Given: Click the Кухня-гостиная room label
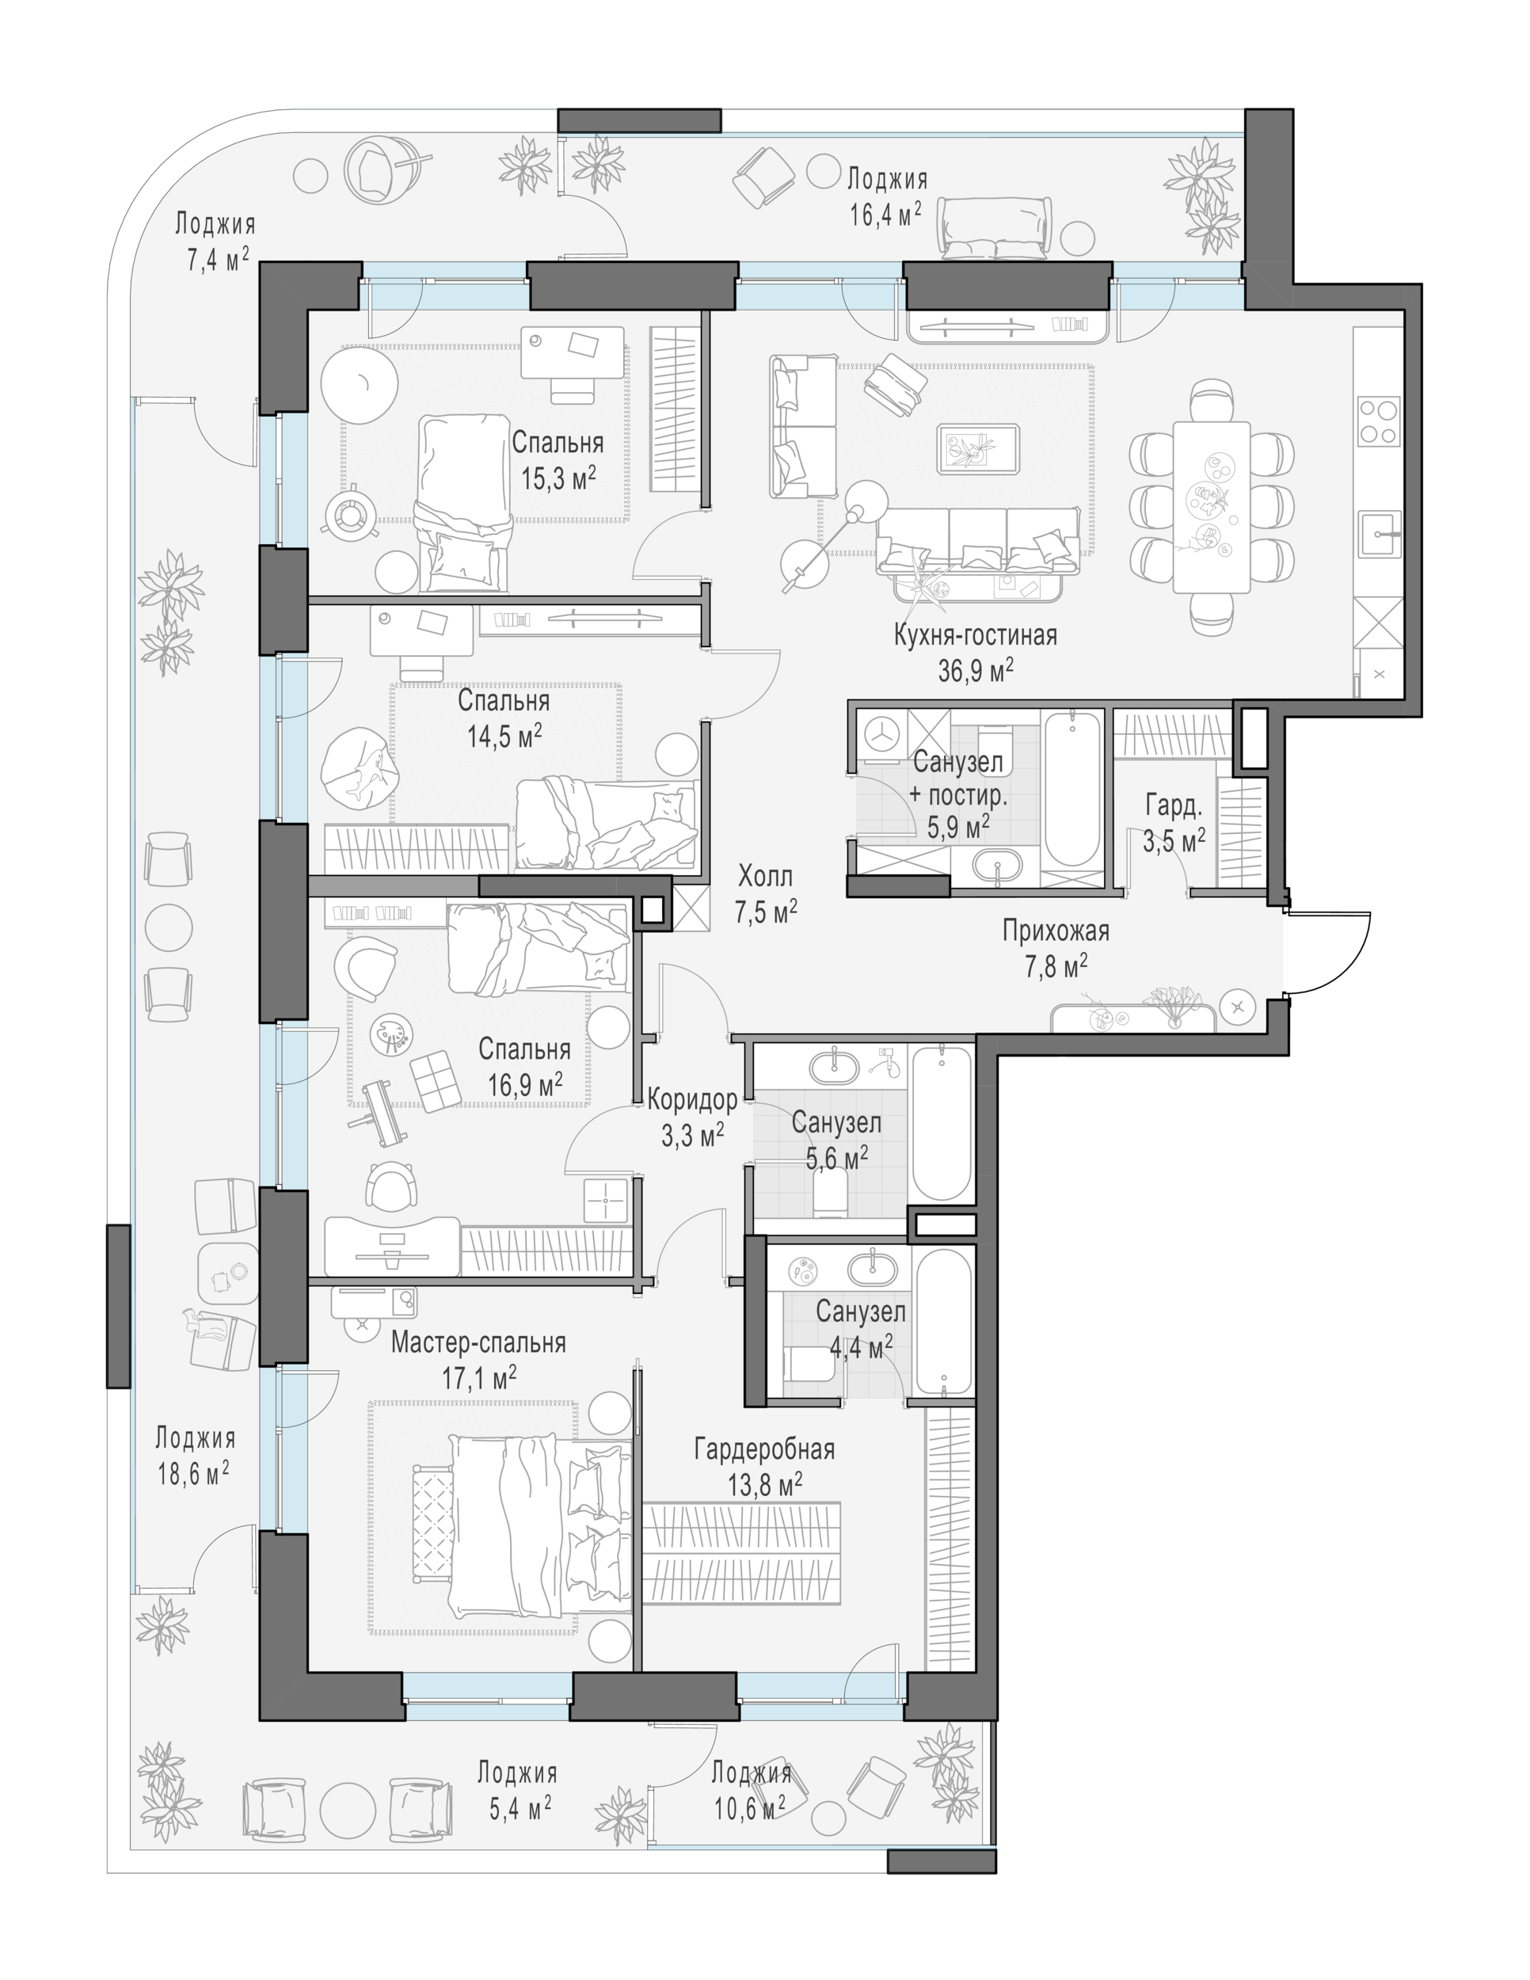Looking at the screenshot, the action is [976, 634].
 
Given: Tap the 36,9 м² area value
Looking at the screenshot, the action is [976, 671].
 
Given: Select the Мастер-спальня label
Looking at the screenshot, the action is [478, 1342].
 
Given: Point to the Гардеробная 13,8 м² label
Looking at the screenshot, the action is [764, 1466].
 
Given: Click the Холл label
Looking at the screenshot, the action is [765, 877].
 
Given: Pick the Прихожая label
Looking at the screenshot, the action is [1056, 930].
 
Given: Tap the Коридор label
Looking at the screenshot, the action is [692, 1100].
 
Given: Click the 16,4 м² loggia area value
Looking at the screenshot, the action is [885, 214].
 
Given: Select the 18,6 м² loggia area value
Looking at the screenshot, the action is [193, 1473].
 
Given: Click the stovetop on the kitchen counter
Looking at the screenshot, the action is [1378, 421].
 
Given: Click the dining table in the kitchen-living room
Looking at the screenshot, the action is [1211, 507].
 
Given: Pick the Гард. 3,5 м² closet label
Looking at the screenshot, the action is [1174, 823].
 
